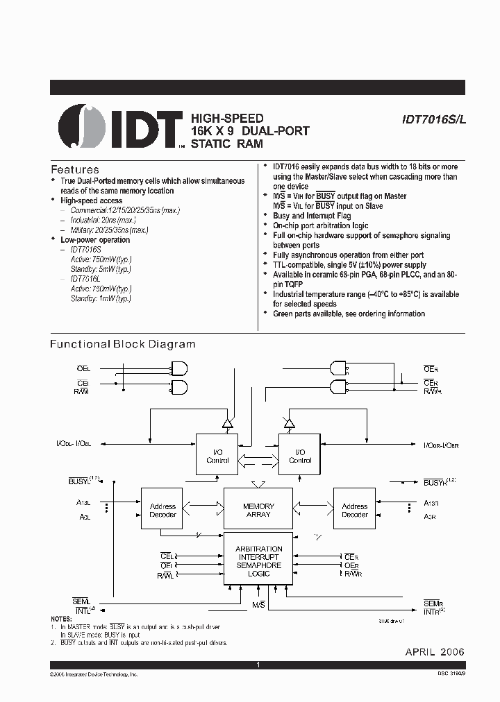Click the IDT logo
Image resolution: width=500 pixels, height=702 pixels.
(x=121, y=127)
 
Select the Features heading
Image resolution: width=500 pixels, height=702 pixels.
(x=75, y=169)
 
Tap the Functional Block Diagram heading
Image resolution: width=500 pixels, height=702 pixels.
(x=123, y=344)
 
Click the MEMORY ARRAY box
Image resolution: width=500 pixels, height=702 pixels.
(x=258, y=511)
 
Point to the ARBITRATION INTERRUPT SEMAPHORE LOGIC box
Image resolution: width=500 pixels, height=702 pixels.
(x=258, y=560)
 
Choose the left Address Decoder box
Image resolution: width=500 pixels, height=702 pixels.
(x=162, y=511)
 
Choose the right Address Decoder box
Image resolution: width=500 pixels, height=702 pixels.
(x=354, y=511)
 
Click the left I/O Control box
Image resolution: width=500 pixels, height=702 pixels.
(x=217, y=455)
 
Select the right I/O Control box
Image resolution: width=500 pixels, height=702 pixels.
(x=300, y=455)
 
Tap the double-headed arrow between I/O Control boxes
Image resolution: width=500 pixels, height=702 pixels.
(x=258, y=456)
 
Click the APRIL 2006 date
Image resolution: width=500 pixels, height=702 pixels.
(x=435, y=652)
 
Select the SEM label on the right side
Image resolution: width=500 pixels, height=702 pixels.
(x=432, y=604)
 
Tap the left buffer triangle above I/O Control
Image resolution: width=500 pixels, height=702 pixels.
(x=226, y=422)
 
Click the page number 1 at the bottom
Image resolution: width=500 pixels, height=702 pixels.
(x=258, y=665)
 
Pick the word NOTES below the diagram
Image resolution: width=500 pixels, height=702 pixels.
(x=61, y=619)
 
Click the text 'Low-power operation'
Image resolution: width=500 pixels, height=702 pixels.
(x=95, y=240)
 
